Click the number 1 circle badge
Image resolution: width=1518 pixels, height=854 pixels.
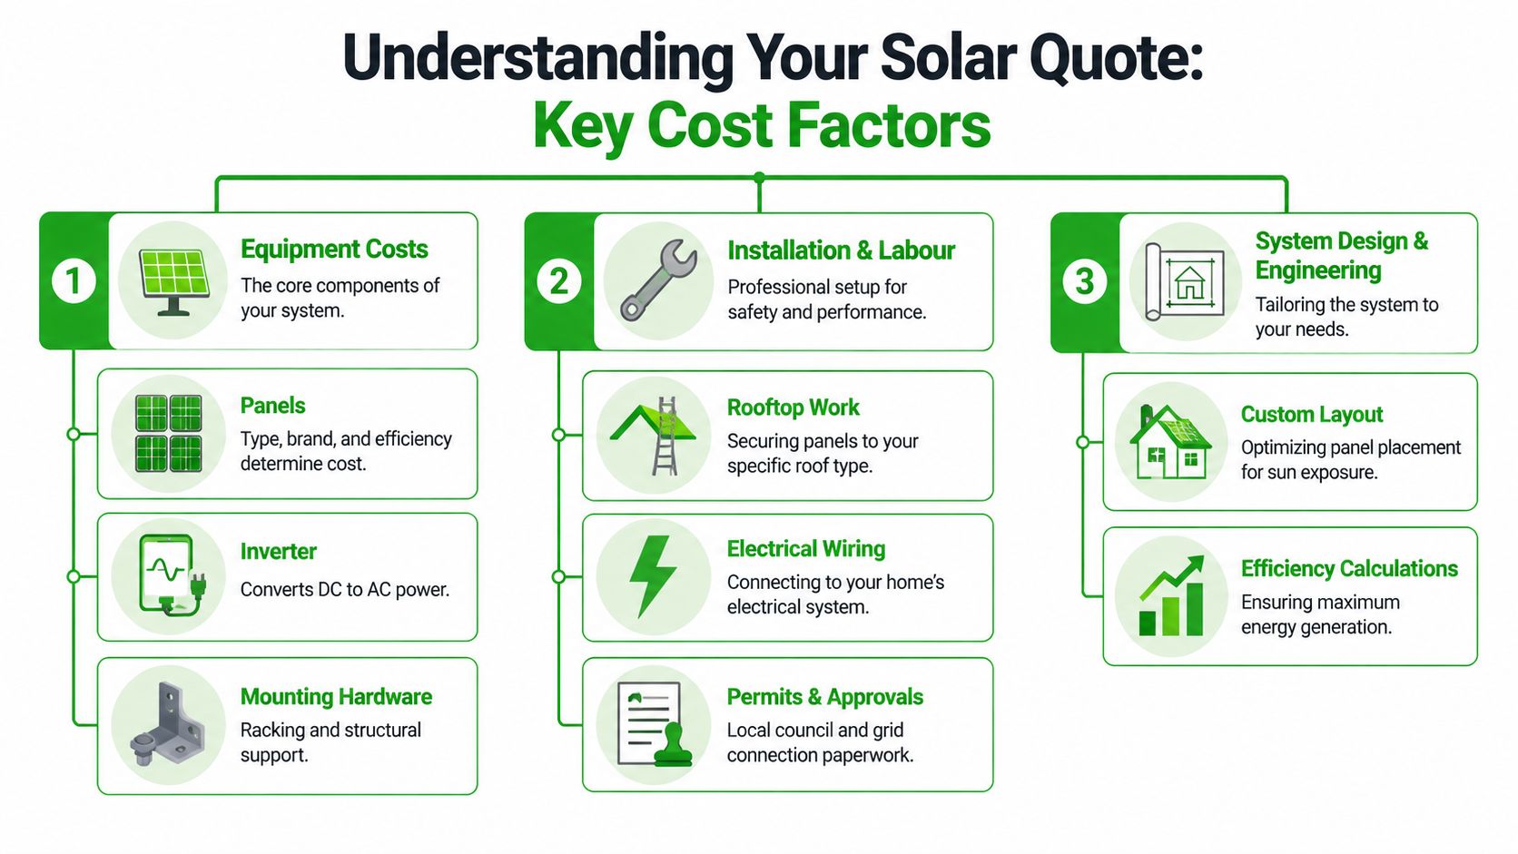74,281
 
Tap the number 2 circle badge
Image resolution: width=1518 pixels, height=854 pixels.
559,281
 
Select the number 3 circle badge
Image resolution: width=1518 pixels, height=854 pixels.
1084,281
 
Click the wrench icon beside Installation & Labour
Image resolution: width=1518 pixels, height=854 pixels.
658,280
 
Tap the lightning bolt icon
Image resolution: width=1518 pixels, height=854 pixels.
654,576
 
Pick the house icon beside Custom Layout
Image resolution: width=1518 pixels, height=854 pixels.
1170,442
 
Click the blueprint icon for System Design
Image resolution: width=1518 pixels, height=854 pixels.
1184,281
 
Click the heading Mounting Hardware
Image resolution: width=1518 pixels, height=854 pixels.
336,697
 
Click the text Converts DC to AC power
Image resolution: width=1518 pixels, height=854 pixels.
345,590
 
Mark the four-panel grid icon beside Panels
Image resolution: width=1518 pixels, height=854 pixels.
168,434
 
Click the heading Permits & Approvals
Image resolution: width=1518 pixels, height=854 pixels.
824,697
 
